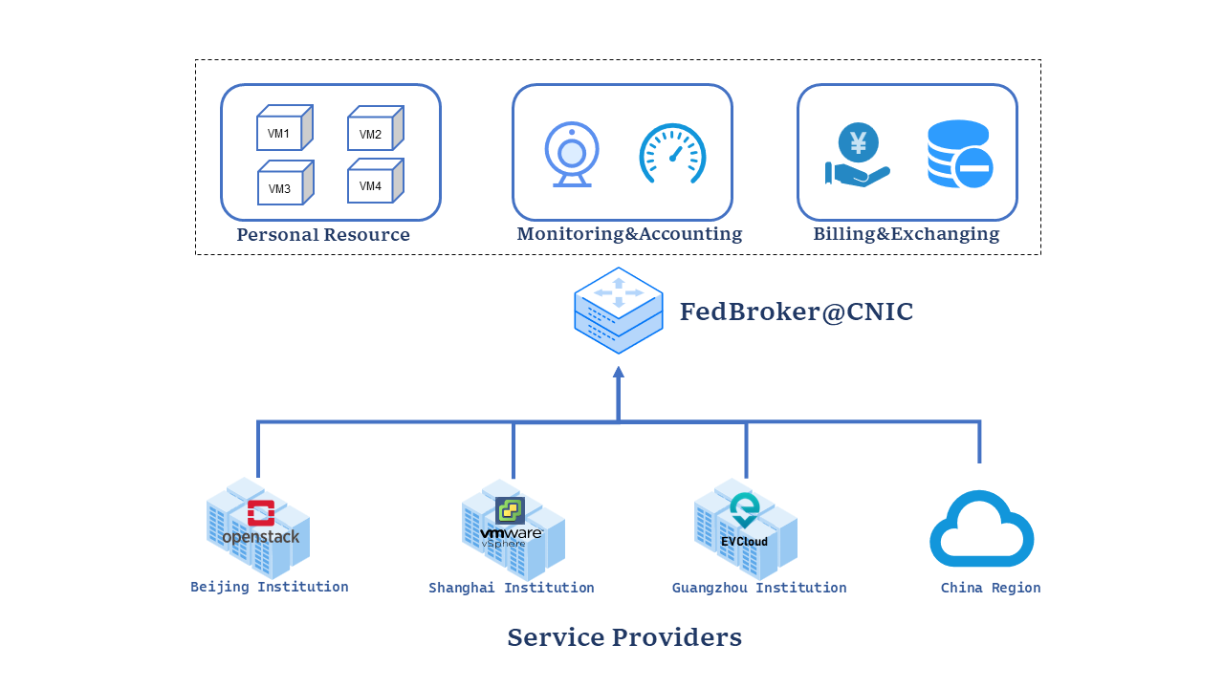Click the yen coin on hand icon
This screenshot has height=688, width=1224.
pyautogui.click(x=858, y=155)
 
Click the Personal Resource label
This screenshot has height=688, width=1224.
pyautogui.click(x=323, y=235)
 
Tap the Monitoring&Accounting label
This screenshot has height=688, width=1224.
pyautogui.click(x=629, y=234)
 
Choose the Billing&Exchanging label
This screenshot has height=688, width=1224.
pyautogui.click(x=907, y=234)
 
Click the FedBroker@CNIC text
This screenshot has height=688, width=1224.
pyautogui.click(x=797, y=312)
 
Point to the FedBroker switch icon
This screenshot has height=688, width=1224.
pyautogui.click(x=619, y=311)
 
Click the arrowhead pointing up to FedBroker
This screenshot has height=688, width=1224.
pyautogui.click(x=619, y=373)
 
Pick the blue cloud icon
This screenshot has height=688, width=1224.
pyautogui.click(x=982, y=529)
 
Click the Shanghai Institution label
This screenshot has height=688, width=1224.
pyautogui.click(x=512, y=589)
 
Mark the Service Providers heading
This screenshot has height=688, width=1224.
pyautogui.click(x=624, y=637)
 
